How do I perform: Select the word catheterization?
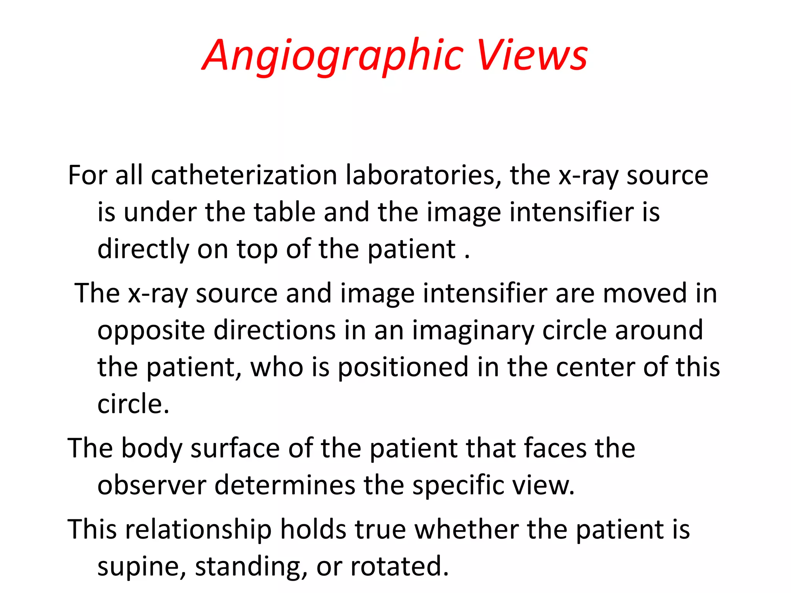pyautogui.click(x=244, y=176)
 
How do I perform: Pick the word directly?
pyautogui.click(x=143, y=250)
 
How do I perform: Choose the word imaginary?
pyautogui.click(x=473, y=331)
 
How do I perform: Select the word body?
pyautogui.click(x=151, y=449)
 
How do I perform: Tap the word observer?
pyautogui.click(x=151, y=485)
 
